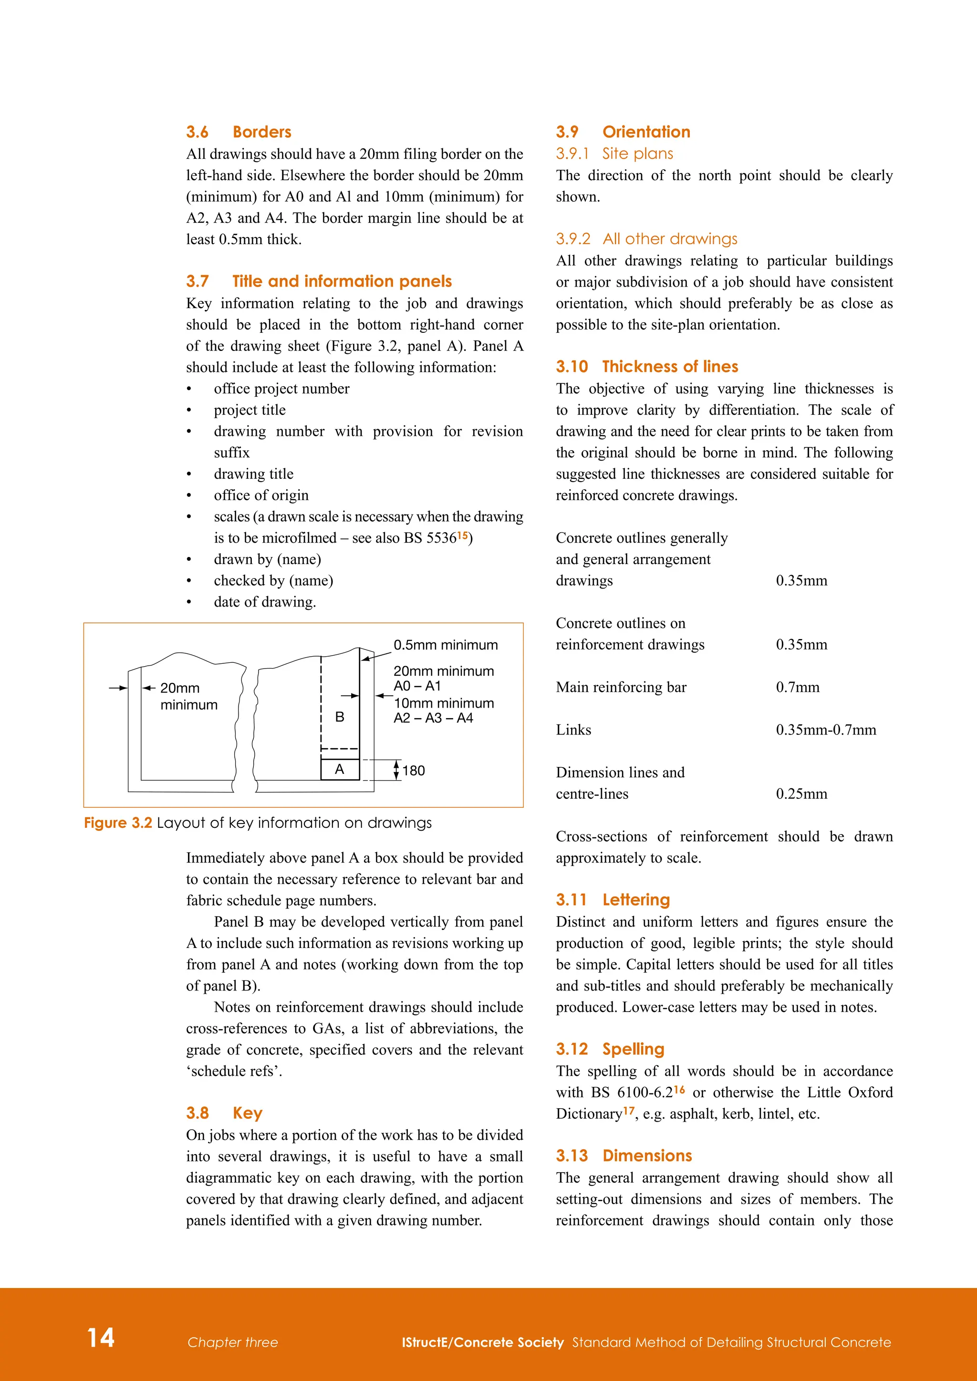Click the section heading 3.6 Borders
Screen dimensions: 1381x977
click(x=239, y=132)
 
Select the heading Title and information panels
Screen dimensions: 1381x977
click(x=342, y=281)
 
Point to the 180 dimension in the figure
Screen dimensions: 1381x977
click(x=413, y=771)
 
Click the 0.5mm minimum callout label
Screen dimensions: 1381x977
click(x=445, y=645)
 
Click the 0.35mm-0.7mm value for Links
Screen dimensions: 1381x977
click(x=825, y=730)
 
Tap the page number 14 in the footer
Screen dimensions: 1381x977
click(x=101, y=1337)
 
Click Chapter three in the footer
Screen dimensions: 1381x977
click(x=233, y=1342)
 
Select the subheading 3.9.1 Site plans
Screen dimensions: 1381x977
click(x=614, y=154)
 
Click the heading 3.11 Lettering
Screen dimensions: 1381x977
click(x=613, y=899)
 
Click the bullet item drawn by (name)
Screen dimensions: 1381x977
click(x=267, y=559)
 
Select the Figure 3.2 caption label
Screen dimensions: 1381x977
click(x=118, y=822)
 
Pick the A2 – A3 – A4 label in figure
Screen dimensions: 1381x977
click(x=433, y=718)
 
